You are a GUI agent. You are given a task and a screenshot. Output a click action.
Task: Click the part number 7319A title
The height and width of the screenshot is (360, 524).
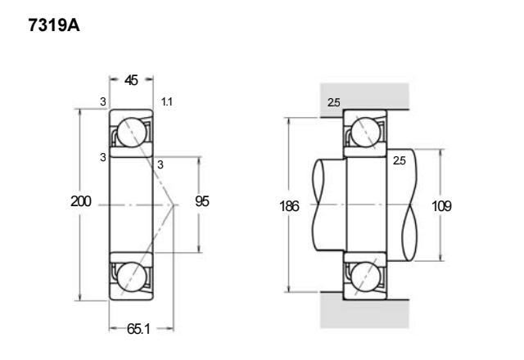pyautogui.click(x=54, y=25)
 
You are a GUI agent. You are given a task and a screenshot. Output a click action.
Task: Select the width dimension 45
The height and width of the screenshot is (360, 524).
pyautogui.click(x=131, y=80)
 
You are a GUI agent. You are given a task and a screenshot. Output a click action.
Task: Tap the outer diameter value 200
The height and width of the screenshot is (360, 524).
pyautogui.click(x=81, y=201)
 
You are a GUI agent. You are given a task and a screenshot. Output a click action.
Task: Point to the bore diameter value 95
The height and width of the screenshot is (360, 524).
pyautogui.click(x=202, y=201)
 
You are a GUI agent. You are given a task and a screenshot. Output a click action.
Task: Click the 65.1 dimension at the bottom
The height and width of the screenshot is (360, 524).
pyautogui.click(x=138, y=329)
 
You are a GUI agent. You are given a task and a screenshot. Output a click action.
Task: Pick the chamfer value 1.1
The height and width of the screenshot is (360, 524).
pyautogui.click(x=167, y=101)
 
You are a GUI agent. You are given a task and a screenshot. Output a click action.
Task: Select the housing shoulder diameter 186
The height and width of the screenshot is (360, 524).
pyautogui.click(x=289, y=206)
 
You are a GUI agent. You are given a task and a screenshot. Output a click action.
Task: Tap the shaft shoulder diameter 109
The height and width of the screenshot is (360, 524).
pyautogui.click(x=441, y=206)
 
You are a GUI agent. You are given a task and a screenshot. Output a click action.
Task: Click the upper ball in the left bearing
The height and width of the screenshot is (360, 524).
pyautogui.click(x=132, y=133)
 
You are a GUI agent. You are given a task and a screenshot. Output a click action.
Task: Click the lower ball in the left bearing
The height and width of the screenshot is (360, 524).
pyautogui.click(x=132, y=277)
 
